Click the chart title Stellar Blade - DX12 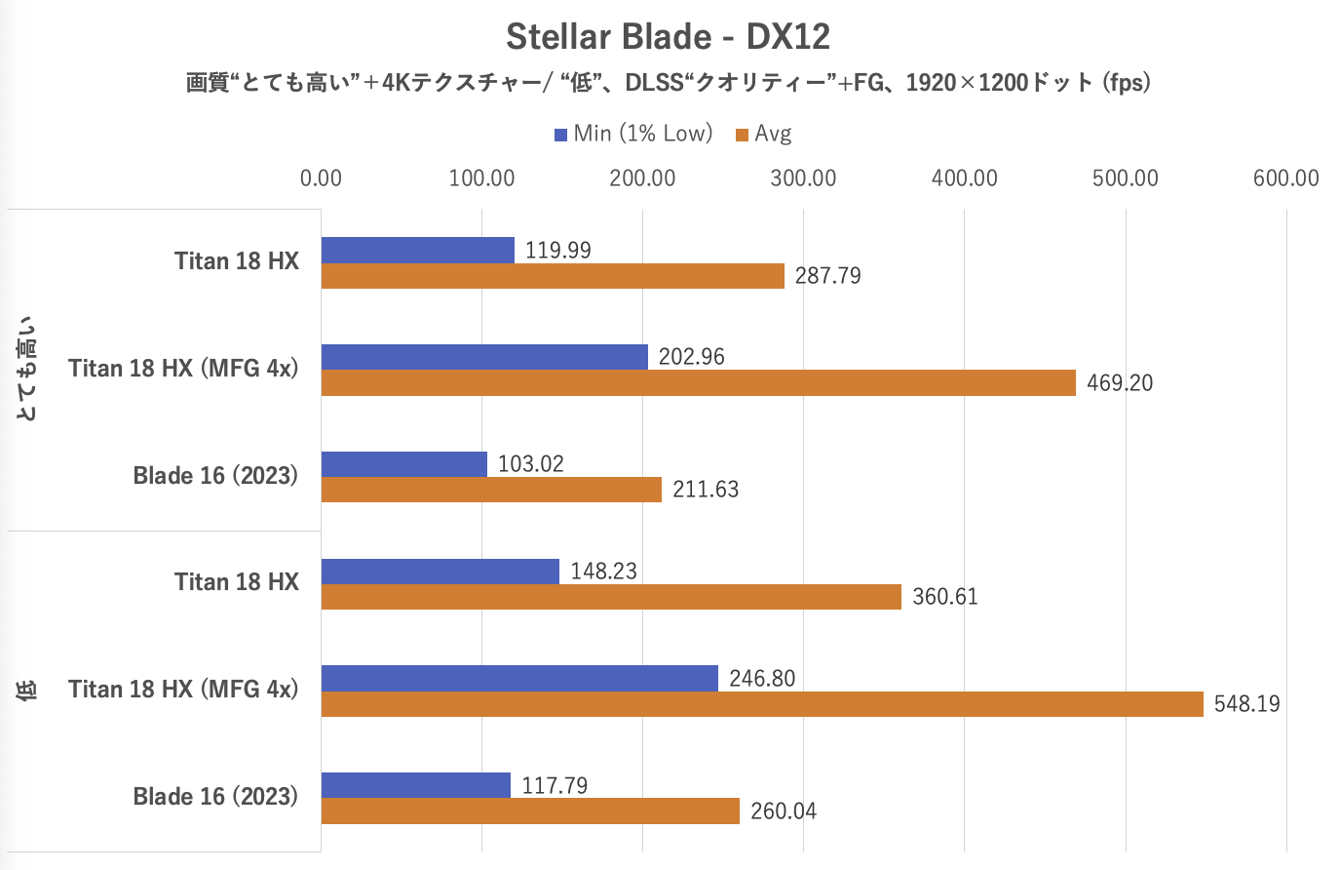tap(668, 37)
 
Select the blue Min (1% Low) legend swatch tap(560, 135)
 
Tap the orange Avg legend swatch tap(742, 135)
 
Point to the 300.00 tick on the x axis tap(803, 178)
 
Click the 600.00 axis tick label tap(1285, 178)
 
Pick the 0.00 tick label tap(321, 178)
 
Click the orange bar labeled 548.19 tap(762, 704)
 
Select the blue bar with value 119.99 tap(417, 251)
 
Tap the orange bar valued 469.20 tap(698, 383)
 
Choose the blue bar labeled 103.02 tap(403, 464)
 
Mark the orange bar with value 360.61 tap(611, 597)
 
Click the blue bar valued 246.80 tap(519, 679)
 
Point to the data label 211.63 tap(706, 490)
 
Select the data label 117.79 tap(555, 785)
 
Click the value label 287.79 tap(827, 276)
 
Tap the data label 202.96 tap(691, 357)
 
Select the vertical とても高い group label tap(27, 369)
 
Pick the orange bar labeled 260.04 tap(530, 811)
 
